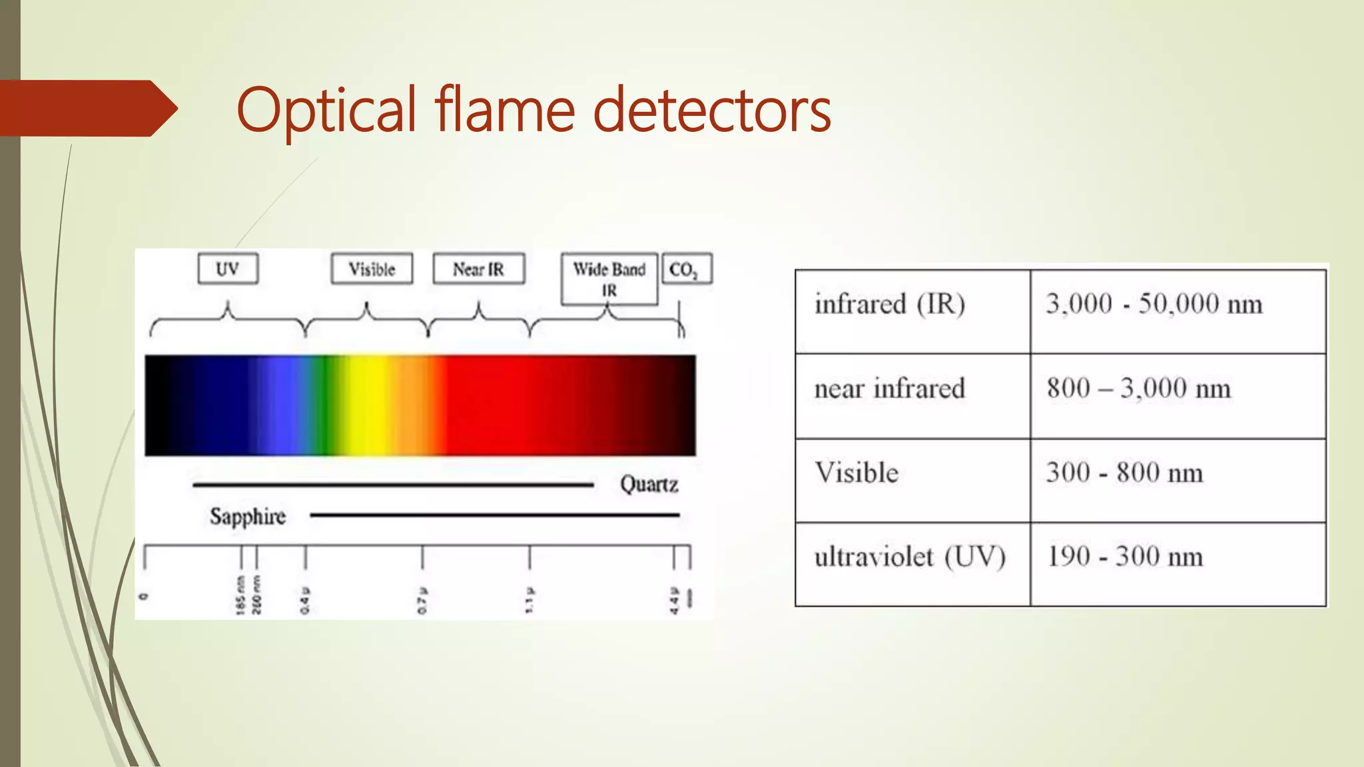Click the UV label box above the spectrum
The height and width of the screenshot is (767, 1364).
(x=228, y=269)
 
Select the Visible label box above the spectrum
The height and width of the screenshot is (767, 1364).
(x=372, y=269)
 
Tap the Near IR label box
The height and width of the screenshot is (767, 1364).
(x=478, y=269)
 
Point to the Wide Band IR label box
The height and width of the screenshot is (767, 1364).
(x=609, y=279)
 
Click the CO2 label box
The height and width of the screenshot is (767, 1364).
(x=687, y=269)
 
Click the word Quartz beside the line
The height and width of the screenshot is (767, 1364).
(x=649, y=484)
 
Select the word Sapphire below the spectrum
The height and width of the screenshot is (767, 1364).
(x=248, y=516)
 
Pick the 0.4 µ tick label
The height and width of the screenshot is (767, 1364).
(x=305, y=601)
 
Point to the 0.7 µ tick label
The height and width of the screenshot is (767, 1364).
(x=422, y=601)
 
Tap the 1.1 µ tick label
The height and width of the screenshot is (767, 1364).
(x=529, y=601)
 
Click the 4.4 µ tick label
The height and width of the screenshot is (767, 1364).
(x=674, y=601)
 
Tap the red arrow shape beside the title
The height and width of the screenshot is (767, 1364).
(x=87, y=109)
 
